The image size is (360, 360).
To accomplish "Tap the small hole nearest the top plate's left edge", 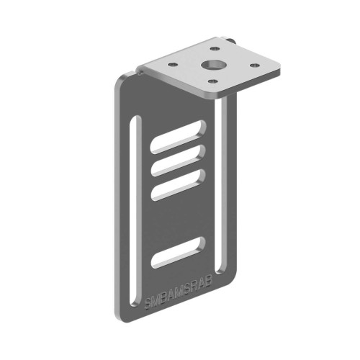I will [x=174, y=65].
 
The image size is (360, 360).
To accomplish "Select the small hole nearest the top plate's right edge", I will [x=253, y=66].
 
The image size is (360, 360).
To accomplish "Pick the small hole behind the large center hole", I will [x=215, y=50].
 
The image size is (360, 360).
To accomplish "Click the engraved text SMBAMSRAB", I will [x=178, y=293].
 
